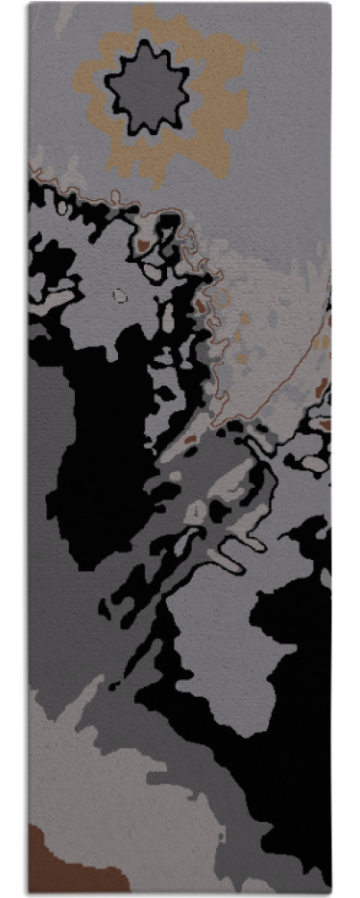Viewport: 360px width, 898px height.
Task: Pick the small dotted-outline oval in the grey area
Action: coord(120,294)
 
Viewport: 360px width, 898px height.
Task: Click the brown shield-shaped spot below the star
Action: coord(143,244)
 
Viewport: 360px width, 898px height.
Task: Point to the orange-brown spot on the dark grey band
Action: coord(189,440)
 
